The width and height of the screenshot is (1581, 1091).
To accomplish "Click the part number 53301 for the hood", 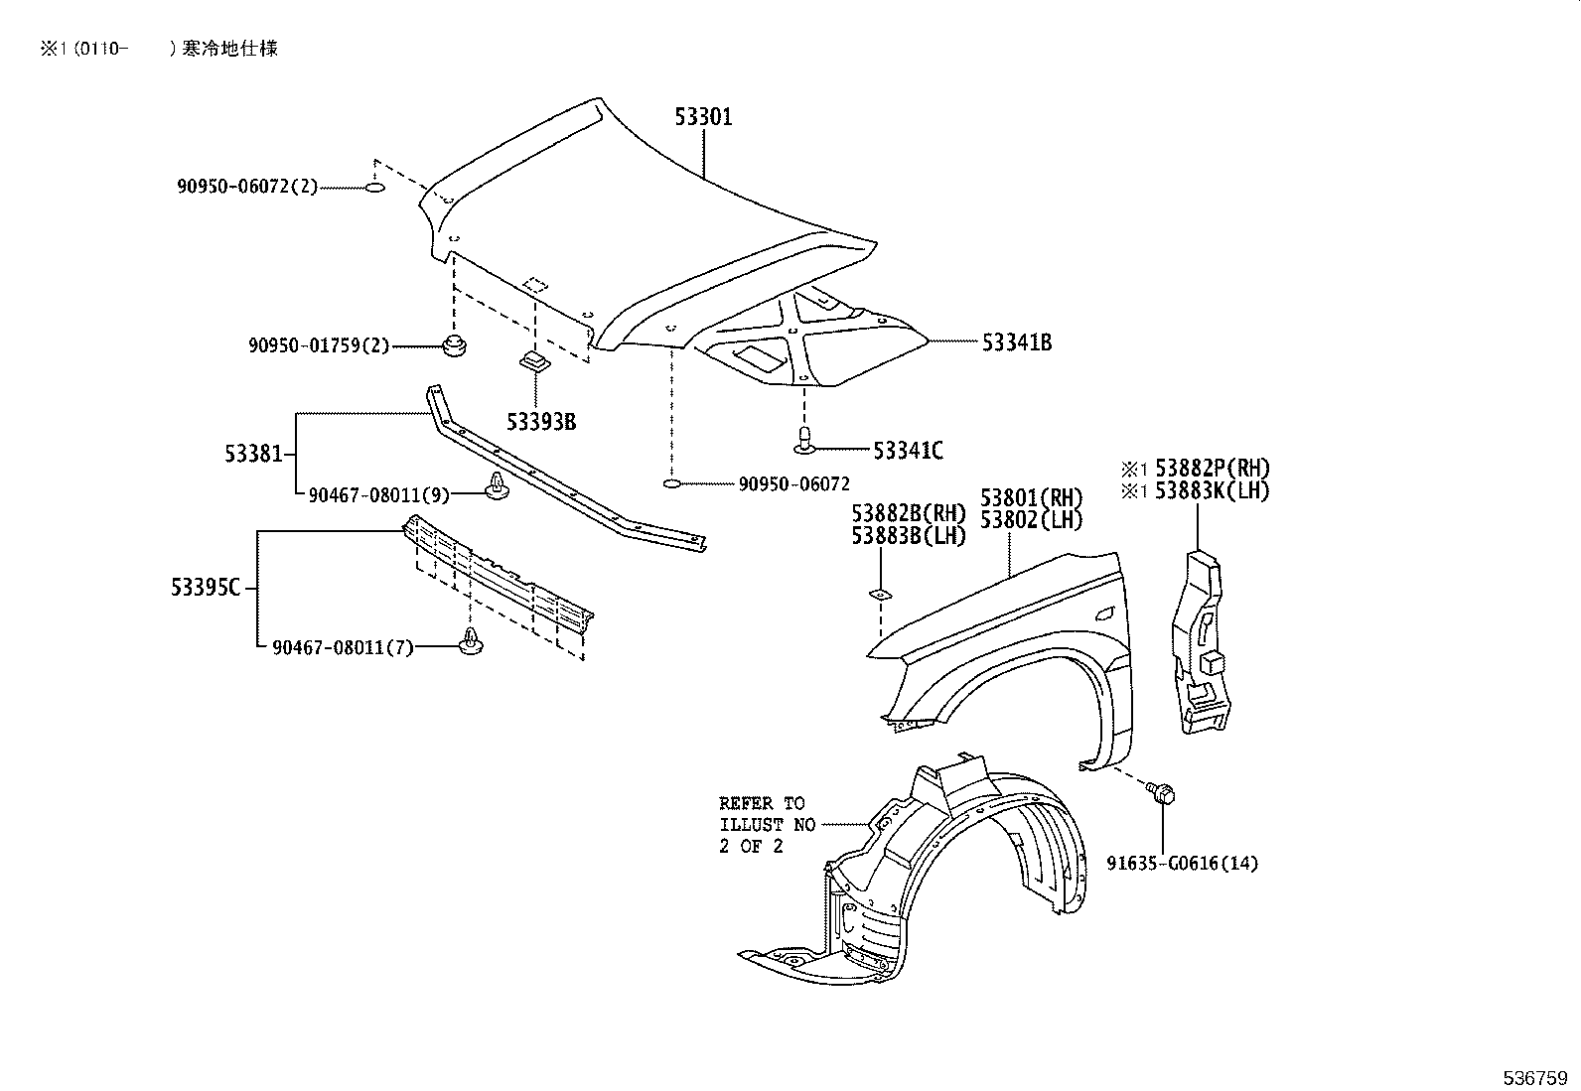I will [703, 117].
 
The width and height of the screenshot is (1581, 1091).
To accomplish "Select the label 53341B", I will [1016, 342].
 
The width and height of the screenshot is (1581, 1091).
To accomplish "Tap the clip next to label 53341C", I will [806, 440].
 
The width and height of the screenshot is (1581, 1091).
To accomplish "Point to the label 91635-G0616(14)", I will [1182, 864].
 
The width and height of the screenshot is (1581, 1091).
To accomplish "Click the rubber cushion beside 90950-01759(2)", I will [455, 346].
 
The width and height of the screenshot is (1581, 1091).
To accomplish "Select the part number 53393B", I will [540, 422].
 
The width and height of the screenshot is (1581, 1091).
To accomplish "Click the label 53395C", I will [206, 588].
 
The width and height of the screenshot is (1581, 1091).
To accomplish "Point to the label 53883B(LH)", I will [908, 536].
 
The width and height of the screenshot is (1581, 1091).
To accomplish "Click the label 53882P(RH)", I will [1212, 468].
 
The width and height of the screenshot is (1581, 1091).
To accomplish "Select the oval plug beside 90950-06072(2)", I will [374, 188].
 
